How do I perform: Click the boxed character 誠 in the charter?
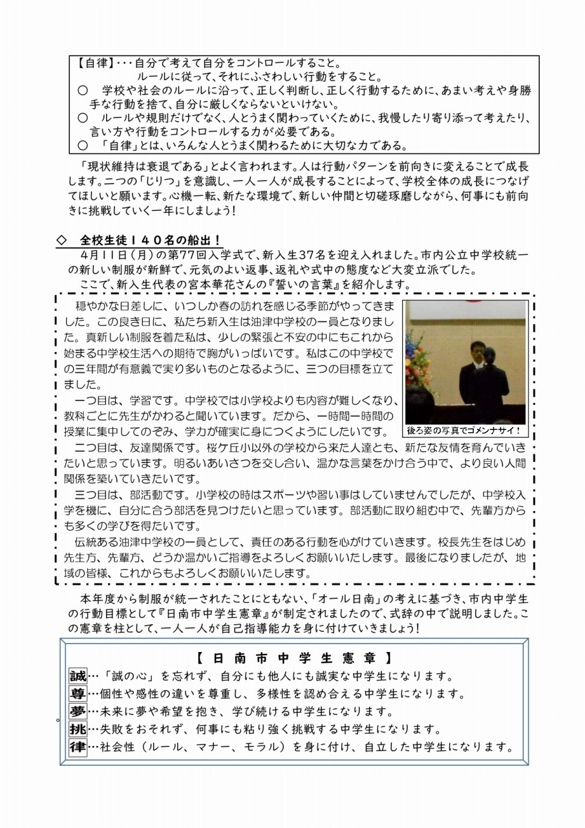click(x=78, y=677)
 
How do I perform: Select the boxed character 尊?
click(x=78, y=694)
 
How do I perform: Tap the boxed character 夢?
click(x=78, y=712)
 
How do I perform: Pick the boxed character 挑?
click(x=78, y=729)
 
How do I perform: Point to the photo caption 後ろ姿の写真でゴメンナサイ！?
click(x=464, y=430)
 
